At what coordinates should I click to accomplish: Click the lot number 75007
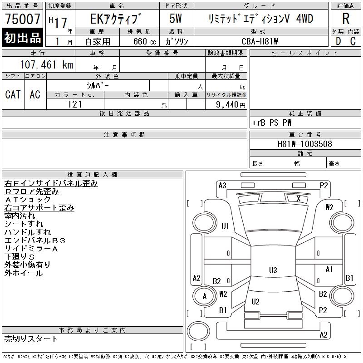(x=23, y=19)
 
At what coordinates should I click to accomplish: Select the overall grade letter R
(x=346, y=19)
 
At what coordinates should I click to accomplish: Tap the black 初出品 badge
(x=23, y=38)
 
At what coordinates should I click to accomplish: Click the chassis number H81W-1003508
(x=304, y=144)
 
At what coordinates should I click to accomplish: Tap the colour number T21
(x=75, y=104)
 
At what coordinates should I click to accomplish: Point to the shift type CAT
(x=13, y=94)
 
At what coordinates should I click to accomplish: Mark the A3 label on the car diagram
(x=222, y=186)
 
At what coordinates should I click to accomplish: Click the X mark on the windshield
(x=298, y=198)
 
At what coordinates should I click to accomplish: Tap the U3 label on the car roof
(x=273, y=270)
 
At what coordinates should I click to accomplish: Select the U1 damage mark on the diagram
(x=226, y=226)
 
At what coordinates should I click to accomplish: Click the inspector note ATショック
(x=28, y=200)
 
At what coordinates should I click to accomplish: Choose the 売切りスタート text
(x=31, y=338)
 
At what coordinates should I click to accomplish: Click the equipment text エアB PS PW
(x=272, y=123)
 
